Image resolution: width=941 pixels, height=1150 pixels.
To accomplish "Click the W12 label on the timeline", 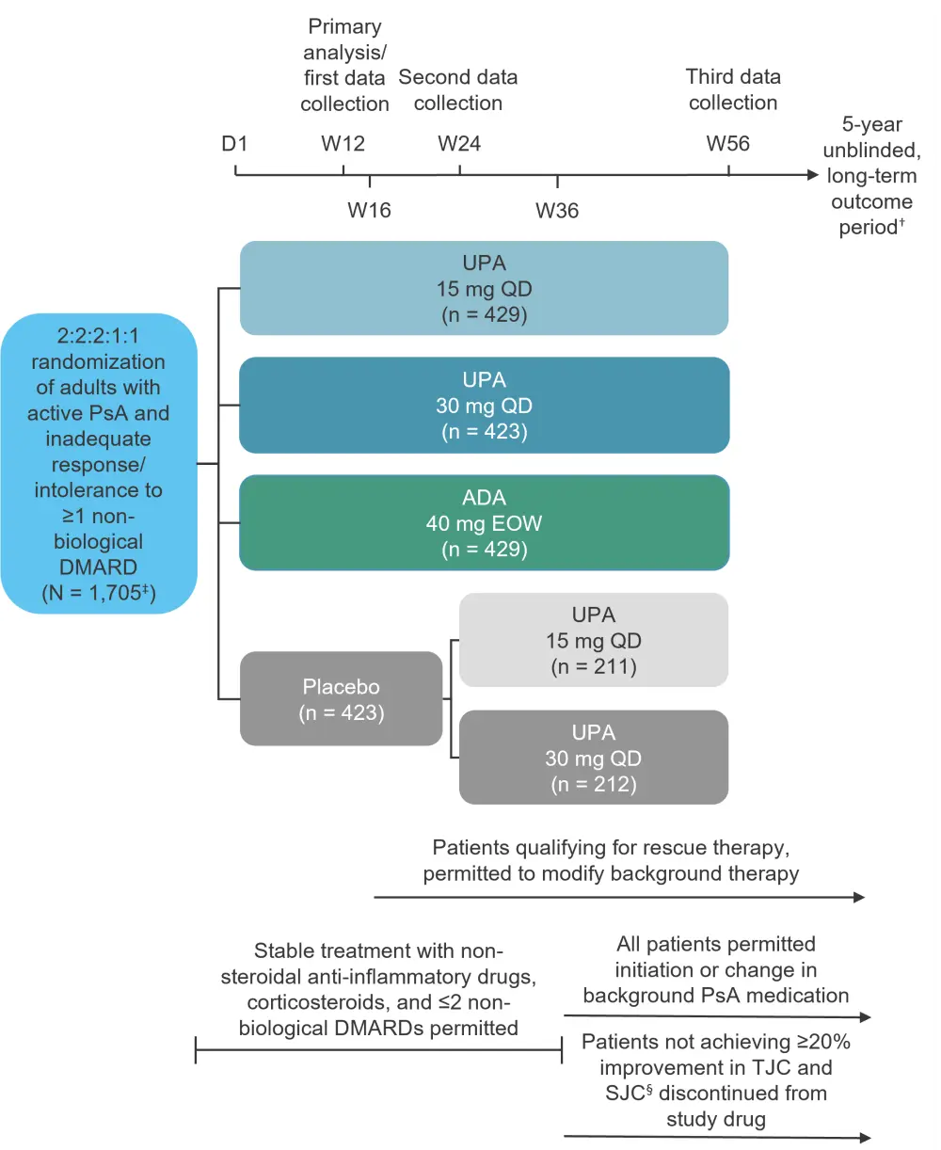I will pyautogui.click(x=343, y=144).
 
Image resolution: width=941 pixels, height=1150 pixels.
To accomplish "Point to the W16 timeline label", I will pyautogui.click(x=369, y=210).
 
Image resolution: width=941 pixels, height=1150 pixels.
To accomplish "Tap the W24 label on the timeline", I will pyautogui.click(x=459, y=144).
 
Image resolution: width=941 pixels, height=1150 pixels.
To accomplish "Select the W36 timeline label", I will pyautogui.click(x=557, y=210).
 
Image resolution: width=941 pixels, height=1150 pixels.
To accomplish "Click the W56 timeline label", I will pyautogui.click(x=728, y=144).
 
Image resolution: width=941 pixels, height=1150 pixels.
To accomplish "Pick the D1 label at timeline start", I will pyautogui.click(x=234, y=144).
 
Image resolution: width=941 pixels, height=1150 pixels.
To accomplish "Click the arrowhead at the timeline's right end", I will pyautogui.click(x=813, y=175).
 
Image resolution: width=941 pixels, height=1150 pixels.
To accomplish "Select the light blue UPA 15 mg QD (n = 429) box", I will pyautogui.click(x=484, y=288).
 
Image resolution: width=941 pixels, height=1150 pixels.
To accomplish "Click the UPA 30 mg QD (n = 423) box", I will pyautogui.click(x=484, y=405).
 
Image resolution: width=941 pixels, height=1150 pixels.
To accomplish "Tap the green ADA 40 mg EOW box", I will pyautogui.click(x=484, y=522).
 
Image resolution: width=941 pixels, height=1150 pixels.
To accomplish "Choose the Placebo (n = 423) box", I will pyautogui.click(x=341, y=699).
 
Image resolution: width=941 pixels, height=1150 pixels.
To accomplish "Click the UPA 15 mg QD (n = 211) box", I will pyautogui.click(x=593, y=640).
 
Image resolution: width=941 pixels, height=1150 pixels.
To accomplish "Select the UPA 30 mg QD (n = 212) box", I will pyautogui.click(x=593, y=758).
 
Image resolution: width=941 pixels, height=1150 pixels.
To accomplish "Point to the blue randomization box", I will pyautogui.click(x=99, y=463).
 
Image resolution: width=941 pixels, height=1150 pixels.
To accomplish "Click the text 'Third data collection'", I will pyautogui.click(x=733, y=89).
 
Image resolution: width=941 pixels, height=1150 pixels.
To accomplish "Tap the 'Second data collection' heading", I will pyautogui.click(x=458, y=89).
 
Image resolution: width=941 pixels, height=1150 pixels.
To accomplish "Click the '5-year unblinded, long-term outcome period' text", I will pyautogui.click(x=871, y=176).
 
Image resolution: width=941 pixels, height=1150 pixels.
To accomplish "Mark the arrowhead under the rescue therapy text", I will pyautogui.click(x=858, y=898).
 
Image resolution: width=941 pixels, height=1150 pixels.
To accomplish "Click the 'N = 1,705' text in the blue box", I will pyautogui.click(x=99, y=593).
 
